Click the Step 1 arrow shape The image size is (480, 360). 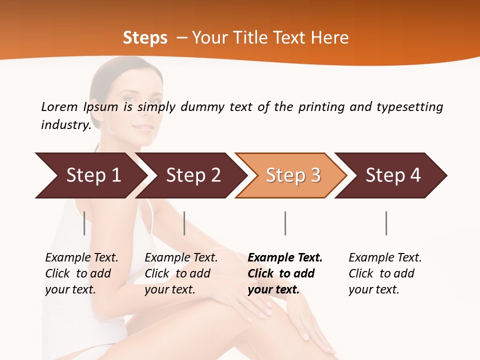click(x=90, y=175)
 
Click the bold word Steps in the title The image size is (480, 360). click(x=145, y=38)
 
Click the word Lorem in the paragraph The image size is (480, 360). click(x=59, y=106)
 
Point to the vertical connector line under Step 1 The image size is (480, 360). click(x=84, y=223)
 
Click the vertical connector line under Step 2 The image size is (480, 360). click(x=184, y=223)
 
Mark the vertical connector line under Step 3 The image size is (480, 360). click(x=285, y=223)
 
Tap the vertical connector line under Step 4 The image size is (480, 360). click(x=386, y=223)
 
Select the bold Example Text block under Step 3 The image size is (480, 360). click(x=285, y=273)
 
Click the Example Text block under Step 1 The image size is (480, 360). click(x=81, y=273)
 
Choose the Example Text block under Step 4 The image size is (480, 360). click(x=385, y=273)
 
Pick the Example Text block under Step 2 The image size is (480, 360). click(x=181, y=273)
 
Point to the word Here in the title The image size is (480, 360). click(x=330, y=38)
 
